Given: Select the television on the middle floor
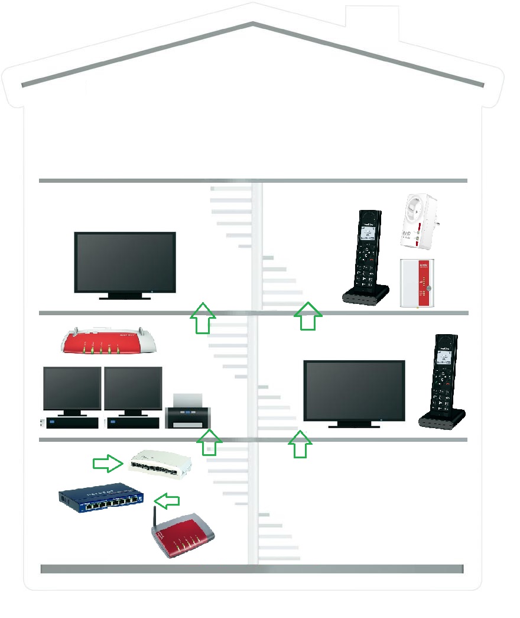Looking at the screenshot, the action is point(354,391).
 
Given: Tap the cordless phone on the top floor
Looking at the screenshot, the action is point(366,257).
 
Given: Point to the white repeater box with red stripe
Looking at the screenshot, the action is point(417,283).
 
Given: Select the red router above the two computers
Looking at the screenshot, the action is point(110,341).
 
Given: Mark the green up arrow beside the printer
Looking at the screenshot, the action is point(209,443).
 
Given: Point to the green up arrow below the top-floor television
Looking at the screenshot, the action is point(203,318).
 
